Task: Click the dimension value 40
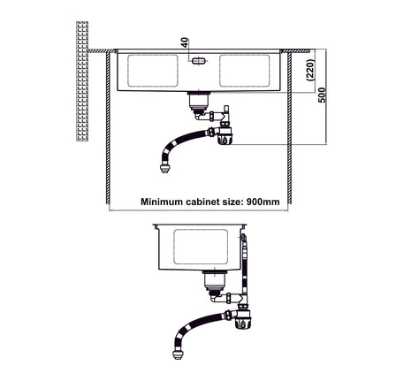pos(185,42)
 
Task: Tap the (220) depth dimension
pos(311,70)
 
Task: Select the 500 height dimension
pos(323,95)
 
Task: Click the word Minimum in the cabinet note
pos(162,202)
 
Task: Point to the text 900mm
pos(263,202)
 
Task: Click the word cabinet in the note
pos(202,202)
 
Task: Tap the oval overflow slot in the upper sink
pos(198,61)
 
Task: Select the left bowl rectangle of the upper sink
pos(153,71)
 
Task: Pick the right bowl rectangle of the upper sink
pos(245,71)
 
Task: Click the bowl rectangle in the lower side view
pos(201,247)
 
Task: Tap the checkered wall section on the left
pos(82,81)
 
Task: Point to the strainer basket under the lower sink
pos(214,283)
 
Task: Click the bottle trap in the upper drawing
pos(225,135)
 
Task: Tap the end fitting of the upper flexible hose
pos(164,169)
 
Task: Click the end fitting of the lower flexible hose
pos(178,354)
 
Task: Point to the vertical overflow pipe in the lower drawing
pos(244,265)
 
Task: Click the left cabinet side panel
pos(108,128)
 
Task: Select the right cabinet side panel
pos(290,128)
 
